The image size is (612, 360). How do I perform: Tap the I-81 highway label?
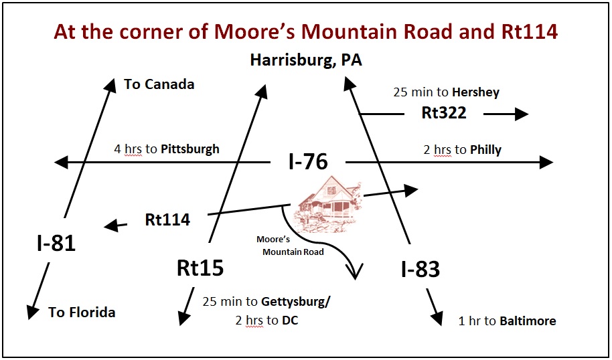coord(56,243)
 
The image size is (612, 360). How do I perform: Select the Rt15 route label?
coord(200,268)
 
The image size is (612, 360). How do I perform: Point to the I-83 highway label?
coord(420,269)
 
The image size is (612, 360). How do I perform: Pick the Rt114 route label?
coord(167,219)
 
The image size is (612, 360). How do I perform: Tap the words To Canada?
coord(159,84)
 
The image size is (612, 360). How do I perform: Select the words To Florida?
coord(82,312)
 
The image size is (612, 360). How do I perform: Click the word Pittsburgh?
coord(190,149)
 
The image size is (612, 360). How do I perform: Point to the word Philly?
coord(485,149)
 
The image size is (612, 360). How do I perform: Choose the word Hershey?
coord(475,92)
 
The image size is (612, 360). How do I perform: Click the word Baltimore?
coord(528,321)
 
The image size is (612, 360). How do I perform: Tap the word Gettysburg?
coord(295,301)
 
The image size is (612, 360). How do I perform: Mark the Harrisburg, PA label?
coord(306,60)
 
